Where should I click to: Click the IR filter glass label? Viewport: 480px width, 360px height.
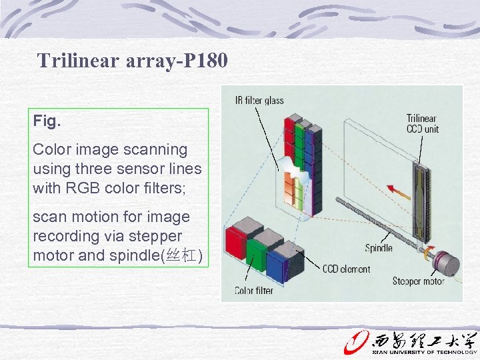pyautogui.click(x=259, y=101)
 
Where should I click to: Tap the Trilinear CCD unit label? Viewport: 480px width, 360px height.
pyautogui.click(x=422, y=124)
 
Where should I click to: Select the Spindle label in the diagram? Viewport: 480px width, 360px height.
pyautogui.click(x=378, y=248)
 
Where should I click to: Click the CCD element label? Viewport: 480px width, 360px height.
pyautogui.click(x=346, y=269)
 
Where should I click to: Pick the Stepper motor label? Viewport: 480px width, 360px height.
pyautogui.click(x=418, y=281)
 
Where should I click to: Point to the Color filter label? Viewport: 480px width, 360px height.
pyautogui.click(x=254, y=291)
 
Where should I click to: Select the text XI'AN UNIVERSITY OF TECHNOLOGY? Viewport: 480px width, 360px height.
pyautogui.click(x=424, y=352)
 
